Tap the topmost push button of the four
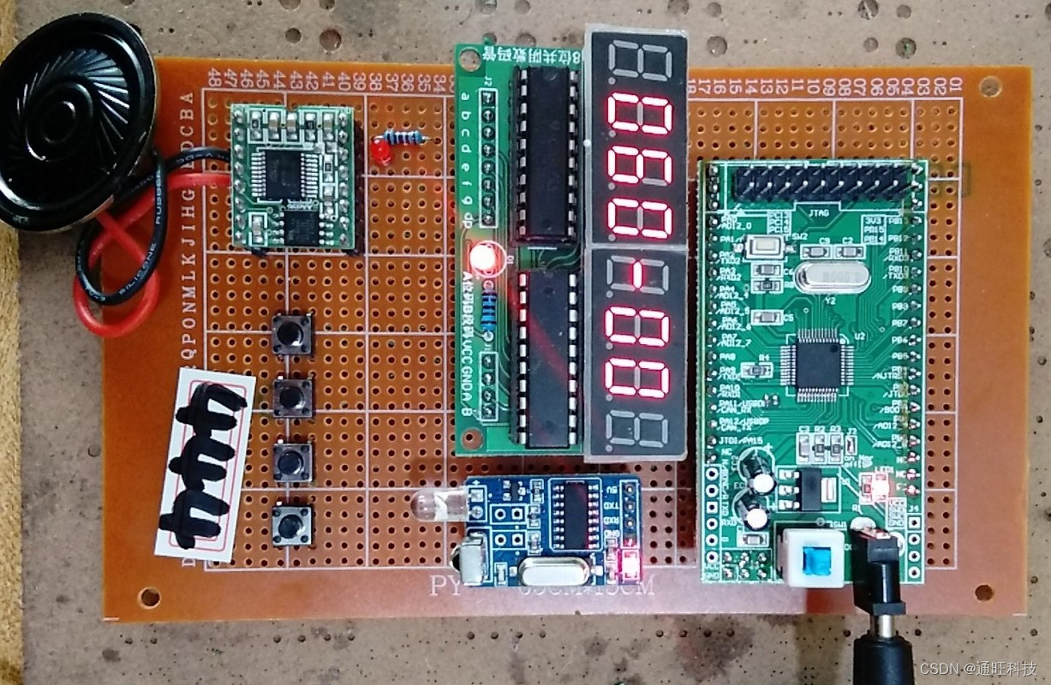[x=292, y=335]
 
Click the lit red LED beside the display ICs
[x=485, y=258]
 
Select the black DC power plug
[x=883, y=616]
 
